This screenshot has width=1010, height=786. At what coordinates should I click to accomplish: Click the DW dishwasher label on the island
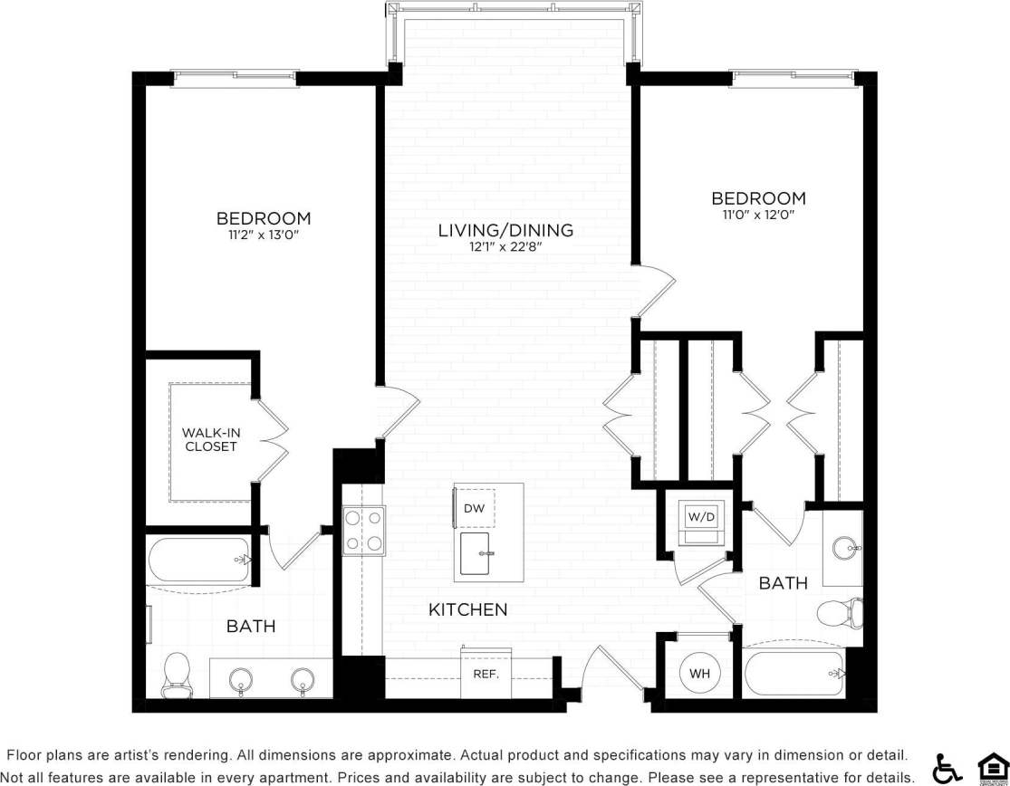coord(474,509)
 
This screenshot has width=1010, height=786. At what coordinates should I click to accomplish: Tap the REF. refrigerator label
coord(486,674)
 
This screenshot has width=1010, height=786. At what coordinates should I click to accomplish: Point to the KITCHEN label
coord(467,609)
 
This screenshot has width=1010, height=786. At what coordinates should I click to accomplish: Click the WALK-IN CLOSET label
coord(210,439)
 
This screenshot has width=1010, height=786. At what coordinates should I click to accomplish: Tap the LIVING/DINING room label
coord(505,230)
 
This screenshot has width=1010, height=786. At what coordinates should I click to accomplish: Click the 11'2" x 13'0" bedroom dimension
coord(263,235)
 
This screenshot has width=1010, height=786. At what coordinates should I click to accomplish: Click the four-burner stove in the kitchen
coord(363,530)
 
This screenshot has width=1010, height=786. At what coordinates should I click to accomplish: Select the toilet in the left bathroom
coord(176,675)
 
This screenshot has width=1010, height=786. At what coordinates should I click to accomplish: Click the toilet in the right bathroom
coord(838,613)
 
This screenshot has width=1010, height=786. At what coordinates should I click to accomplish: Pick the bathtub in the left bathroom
coord(198,561)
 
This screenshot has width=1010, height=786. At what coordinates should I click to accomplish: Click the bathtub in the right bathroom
coord(794,674)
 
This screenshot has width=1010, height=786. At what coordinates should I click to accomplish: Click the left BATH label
coord(251,626)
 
